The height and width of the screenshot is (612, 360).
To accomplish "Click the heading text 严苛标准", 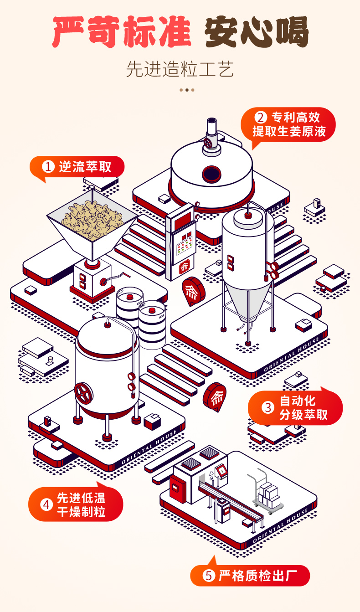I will pyautogui.click(x=121, y=32).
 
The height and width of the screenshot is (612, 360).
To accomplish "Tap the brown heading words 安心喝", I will pyautogui.click(x=256, y=32).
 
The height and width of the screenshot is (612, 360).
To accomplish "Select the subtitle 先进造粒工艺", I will pyautogui.click(x=180, y=70).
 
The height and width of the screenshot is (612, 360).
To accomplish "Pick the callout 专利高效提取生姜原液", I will pyautogui.click(x=288, y=124).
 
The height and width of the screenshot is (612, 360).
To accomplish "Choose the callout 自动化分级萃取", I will pyautogui.click(x=295, y=408).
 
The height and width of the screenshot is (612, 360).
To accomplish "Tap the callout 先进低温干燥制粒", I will pyautogui.click(x=76, y=504).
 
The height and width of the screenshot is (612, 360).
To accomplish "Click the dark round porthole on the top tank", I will pyautogui.click(x=211, y=173).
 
